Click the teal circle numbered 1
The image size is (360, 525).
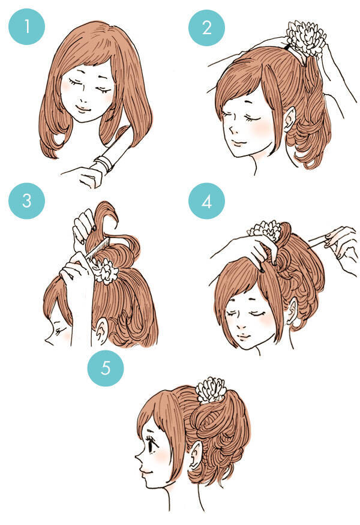coord(26,26)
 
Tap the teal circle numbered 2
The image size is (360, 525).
coord(206,28)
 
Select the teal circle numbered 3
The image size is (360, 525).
coord(26,200)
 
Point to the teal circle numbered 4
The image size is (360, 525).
coord(206,201)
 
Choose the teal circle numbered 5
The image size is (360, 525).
coord(106,368)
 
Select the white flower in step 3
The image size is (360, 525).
coord(106,272)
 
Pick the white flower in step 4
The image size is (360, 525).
coord(265,231)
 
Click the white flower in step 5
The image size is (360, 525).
coord(211,390)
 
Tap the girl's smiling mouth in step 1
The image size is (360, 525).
coord(83,108)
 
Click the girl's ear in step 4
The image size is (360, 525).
coord(293,311)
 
